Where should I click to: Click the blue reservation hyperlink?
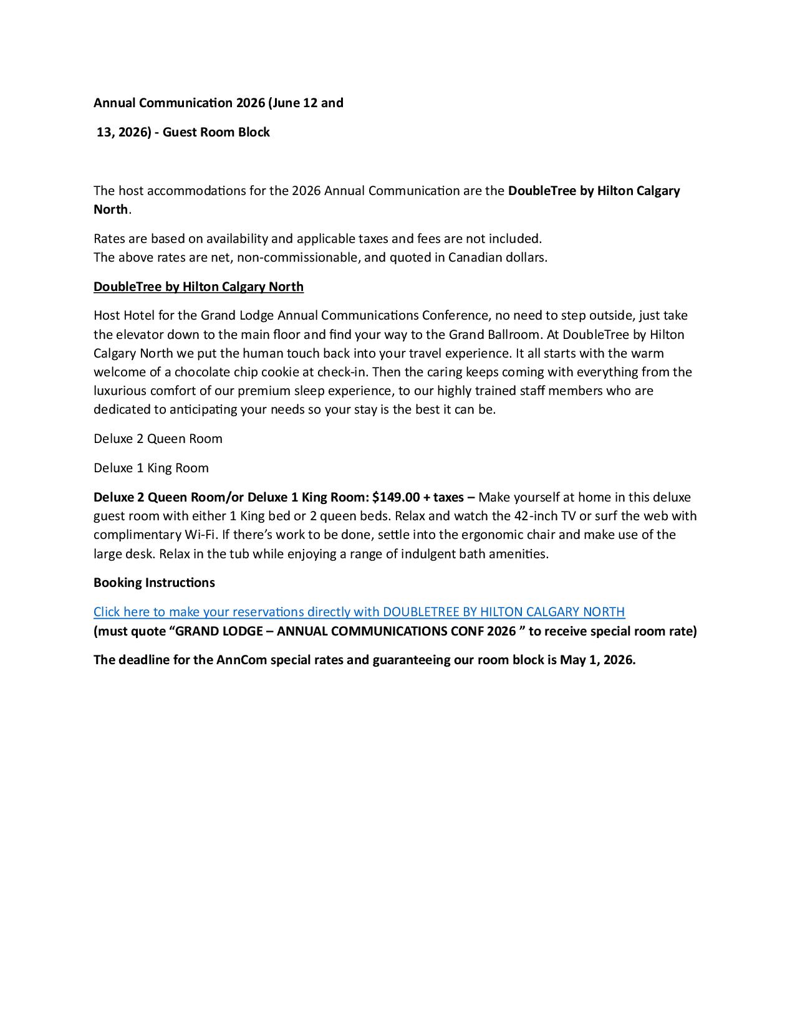click(x=359, y=612)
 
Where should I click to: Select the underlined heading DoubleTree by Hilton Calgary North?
click(x=198, y=287)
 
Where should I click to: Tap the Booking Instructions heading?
click(x=154, y=583)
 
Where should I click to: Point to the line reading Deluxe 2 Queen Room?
click(x=158, y=439)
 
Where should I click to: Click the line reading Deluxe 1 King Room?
click(x=151, y=468)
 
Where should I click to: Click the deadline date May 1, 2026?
click(x=597, y=660)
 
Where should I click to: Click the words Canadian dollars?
click(x=497, y=257)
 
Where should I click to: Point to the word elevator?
click(x=140, y=335)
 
